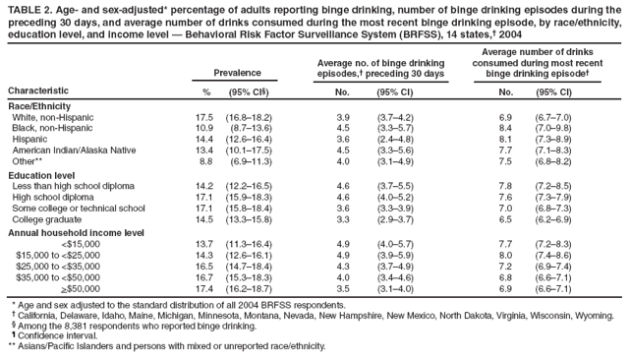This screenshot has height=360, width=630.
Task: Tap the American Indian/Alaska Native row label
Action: (76, 150)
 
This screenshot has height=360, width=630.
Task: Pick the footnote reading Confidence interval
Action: (54, 336)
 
